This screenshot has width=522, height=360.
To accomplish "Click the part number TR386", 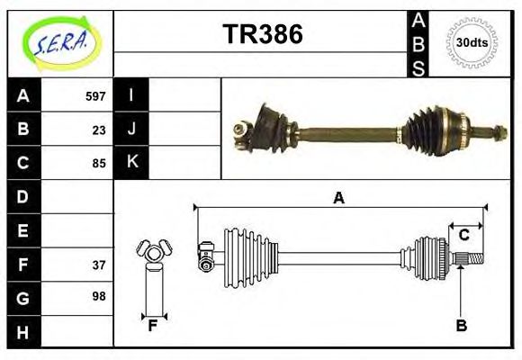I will pyautogui.click(x=262, y=35).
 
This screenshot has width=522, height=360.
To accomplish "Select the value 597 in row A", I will pyautogui.click(x=95, y=96).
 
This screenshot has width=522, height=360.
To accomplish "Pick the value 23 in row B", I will pyautogui.click(x=99, y=130).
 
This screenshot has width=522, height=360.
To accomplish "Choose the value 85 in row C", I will pyautogui.click(x=99, y=164).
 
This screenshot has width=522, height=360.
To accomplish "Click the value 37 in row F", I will pyautogui.click(x=99, y=265).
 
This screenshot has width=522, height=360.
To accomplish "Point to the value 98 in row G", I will pyautogui.click(x=99, y=295).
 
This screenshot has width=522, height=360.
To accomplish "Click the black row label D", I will pyautogui.click(x=22, y=196).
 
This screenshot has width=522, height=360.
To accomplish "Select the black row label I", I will pyautogui.click(x=131, y=95).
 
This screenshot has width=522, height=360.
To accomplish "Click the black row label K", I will pyautogui.click(x=131, y=163).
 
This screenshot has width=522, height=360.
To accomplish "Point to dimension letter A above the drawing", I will pyautogui.click(x=338, y=198).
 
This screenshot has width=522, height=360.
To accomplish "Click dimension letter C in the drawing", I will pyautogui.click(x=463, y=236).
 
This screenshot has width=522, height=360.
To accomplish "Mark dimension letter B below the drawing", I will pyautogui.click(x=461, y=326).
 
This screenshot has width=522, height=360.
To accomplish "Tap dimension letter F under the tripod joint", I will pyautogui.click(x=152, y=326).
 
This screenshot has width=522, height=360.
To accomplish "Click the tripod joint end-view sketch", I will pyautogui.click(x=151, y=253).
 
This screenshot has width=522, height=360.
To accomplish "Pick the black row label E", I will pyautogui.click(x=22, y=230).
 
